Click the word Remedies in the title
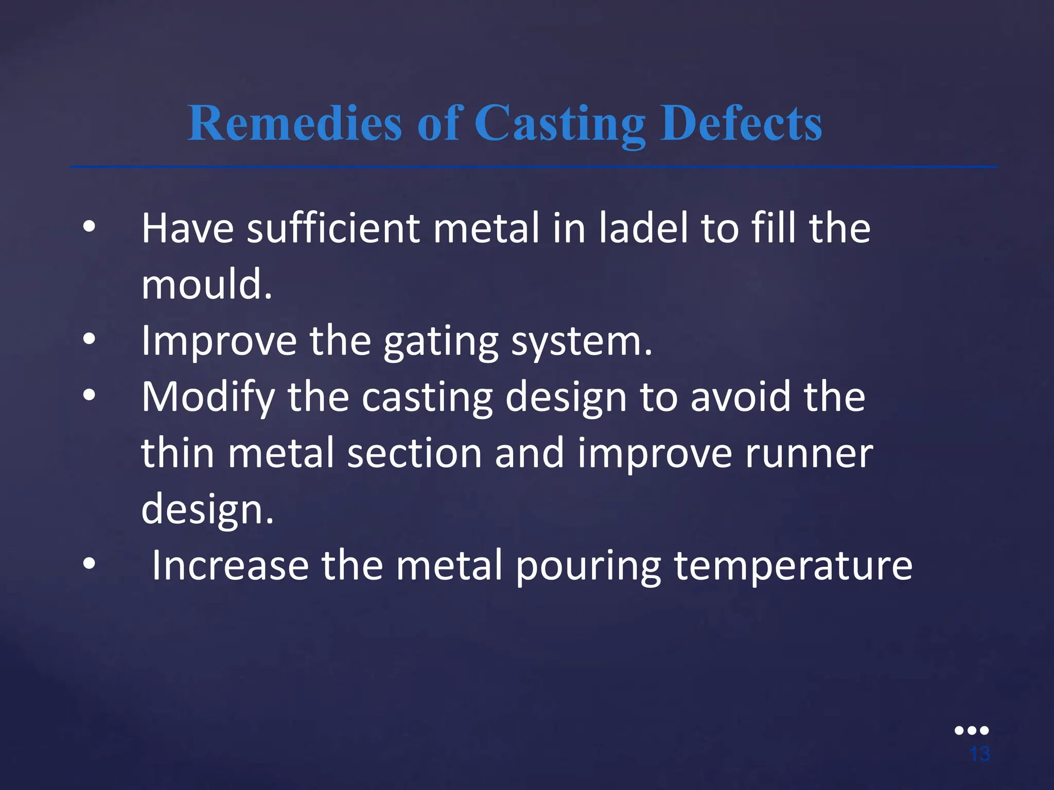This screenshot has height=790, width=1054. tap(294, 123)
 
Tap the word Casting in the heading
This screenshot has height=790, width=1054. tap(559, 124)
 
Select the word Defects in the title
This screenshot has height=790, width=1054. tap(741, 123)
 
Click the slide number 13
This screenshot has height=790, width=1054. tap(979, 754)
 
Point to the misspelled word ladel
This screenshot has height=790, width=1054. tap(643, 228)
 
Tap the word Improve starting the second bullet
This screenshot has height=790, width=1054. tap(219, 341)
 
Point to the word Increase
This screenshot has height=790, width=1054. tap(230, 565)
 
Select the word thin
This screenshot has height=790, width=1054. tap(178, 453)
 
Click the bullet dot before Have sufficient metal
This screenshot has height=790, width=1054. tap(89, 227)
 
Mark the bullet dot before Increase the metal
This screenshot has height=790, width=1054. tap(89, 564)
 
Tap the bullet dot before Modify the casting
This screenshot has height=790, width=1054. tap(89, 396)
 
